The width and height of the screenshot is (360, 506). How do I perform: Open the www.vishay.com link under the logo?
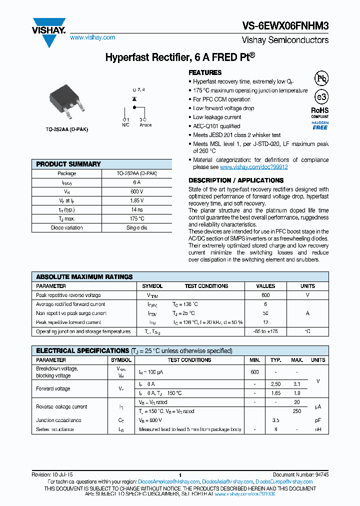click(x=92, y=37)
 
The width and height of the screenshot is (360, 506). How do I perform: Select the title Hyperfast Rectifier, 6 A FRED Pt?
click(x=179, y=57)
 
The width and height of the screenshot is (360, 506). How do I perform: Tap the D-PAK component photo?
click(x=67, y=104)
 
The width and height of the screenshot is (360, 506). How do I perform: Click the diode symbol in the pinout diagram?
click(x=134, y=100)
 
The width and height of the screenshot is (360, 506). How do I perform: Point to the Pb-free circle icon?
click(x=320, y=78)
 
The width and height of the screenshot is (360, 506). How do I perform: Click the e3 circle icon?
click(x=320, y=97)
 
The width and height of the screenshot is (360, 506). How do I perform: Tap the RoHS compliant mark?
click(x=320, y=112)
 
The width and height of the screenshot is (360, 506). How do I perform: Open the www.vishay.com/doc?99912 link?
click(x=253, y=167)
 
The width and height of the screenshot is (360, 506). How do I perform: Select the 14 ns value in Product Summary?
click(x=137, y=209)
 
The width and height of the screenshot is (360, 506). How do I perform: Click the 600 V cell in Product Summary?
click(x=137, y=191)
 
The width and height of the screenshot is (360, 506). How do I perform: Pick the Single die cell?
click(x=137, y=227)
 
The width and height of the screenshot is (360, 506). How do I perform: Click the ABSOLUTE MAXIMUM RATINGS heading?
click(x=84, y=276)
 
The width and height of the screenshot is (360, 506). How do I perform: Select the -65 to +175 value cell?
click(x=265, y=331)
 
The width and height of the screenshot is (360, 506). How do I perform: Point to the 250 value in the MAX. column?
click(x=297, y=411)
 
